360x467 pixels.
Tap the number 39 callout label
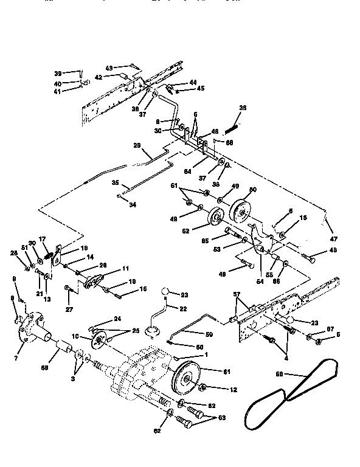point(58,73)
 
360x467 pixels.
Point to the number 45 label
point(200,89)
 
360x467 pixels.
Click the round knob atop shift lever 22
point(166,295)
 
